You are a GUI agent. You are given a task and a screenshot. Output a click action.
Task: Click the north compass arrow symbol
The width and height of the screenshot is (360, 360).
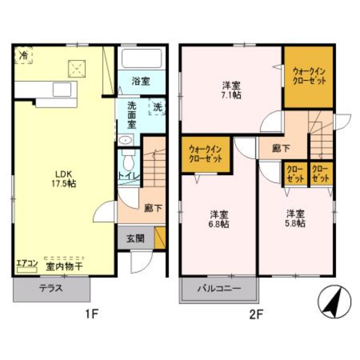click(333, 301)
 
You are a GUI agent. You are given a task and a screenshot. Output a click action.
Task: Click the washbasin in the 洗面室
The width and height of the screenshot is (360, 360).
click(126, 140)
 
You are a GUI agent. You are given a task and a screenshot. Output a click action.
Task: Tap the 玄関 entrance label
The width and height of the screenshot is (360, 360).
click(135, 238)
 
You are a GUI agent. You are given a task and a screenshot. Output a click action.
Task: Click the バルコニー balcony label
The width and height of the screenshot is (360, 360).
click(219, 289)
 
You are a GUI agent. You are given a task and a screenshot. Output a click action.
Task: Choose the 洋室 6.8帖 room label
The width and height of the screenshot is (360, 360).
click(219, 219)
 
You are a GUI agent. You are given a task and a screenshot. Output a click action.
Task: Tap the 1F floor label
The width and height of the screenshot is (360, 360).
click(90, 315)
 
